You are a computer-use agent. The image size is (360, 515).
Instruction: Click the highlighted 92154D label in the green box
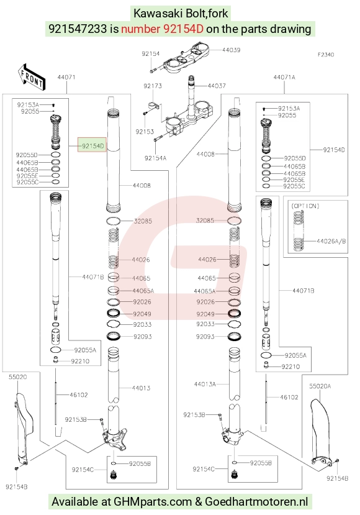(92, 145)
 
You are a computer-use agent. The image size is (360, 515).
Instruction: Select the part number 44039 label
(231, 50)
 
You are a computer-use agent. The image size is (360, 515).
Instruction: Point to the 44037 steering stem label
(217, 86)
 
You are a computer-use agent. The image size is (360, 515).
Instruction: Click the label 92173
(153, 86)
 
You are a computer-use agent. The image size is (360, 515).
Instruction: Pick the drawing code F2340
(325, 55)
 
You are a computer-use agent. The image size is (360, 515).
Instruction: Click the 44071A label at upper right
(284, 77)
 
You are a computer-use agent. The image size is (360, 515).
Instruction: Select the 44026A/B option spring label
(331, 241)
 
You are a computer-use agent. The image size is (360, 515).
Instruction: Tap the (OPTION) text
(305, 206)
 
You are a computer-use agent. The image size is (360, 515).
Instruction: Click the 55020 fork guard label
(18, 377)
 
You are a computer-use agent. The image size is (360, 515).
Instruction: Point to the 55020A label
(320, 386)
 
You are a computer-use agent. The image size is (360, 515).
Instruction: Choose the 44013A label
(205, 384)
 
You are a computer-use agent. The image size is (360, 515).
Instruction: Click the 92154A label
(155, 158)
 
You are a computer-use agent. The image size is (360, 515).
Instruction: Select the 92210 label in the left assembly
(81, 362)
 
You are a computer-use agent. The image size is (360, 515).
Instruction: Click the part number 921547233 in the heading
(78, 29)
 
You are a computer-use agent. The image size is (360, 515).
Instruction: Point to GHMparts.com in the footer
(153, 501)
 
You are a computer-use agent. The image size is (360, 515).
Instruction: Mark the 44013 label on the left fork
(141, 388)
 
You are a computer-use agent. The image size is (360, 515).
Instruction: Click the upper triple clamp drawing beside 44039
(186, 58)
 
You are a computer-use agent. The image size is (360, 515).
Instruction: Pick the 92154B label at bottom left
(16, 487)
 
